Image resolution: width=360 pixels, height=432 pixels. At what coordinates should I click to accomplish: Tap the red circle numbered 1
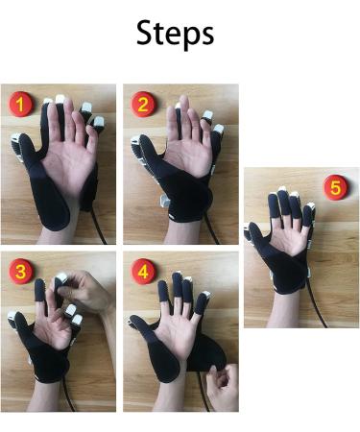[19, 104]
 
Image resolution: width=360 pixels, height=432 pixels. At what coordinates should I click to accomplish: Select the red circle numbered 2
[145, 104]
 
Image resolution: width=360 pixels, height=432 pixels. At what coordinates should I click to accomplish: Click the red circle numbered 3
[19, 272]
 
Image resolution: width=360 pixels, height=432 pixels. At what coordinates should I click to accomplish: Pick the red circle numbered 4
[145, 272]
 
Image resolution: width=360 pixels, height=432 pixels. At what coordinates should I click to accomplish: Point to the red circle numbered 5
[334, 188]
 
